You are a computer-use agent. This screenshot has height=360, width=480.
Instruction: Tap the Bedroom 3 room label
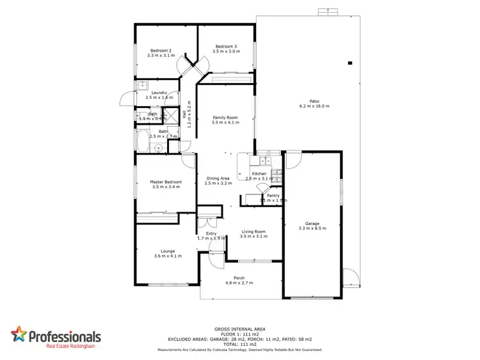point(227,47)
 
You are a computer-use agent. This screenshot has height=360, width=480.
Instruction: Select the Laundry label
point(159,93)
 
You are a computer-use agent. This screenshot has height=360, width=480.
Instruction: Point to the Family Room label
point(225,118)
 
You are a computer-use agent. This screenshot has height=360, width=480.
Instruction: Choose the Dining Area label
point(218,178)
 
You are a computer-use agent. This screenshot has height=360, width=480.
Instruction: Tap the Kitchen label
point(259,174)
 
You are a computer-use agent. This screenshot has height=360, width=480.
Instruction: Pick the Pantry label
point(273,196)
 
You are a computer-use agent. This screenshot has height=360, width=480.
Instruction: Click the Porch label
point(239,278)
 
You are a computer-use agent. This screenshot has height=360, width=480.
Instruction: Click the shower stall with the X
point(172,116)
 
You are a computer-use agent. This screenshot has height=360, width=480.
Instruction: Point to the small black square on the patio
point(350,63)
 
